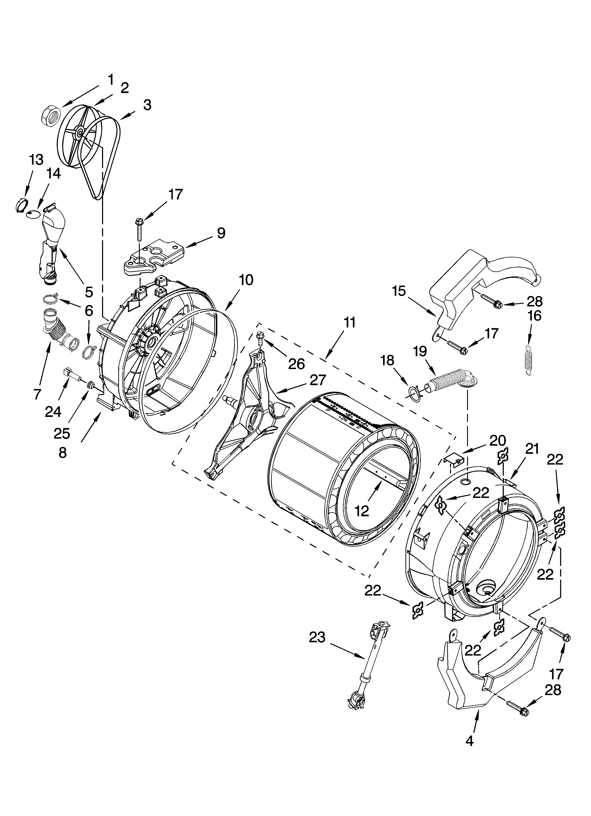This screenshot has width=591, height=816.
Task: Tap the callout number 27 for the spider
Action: [318, 380]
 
